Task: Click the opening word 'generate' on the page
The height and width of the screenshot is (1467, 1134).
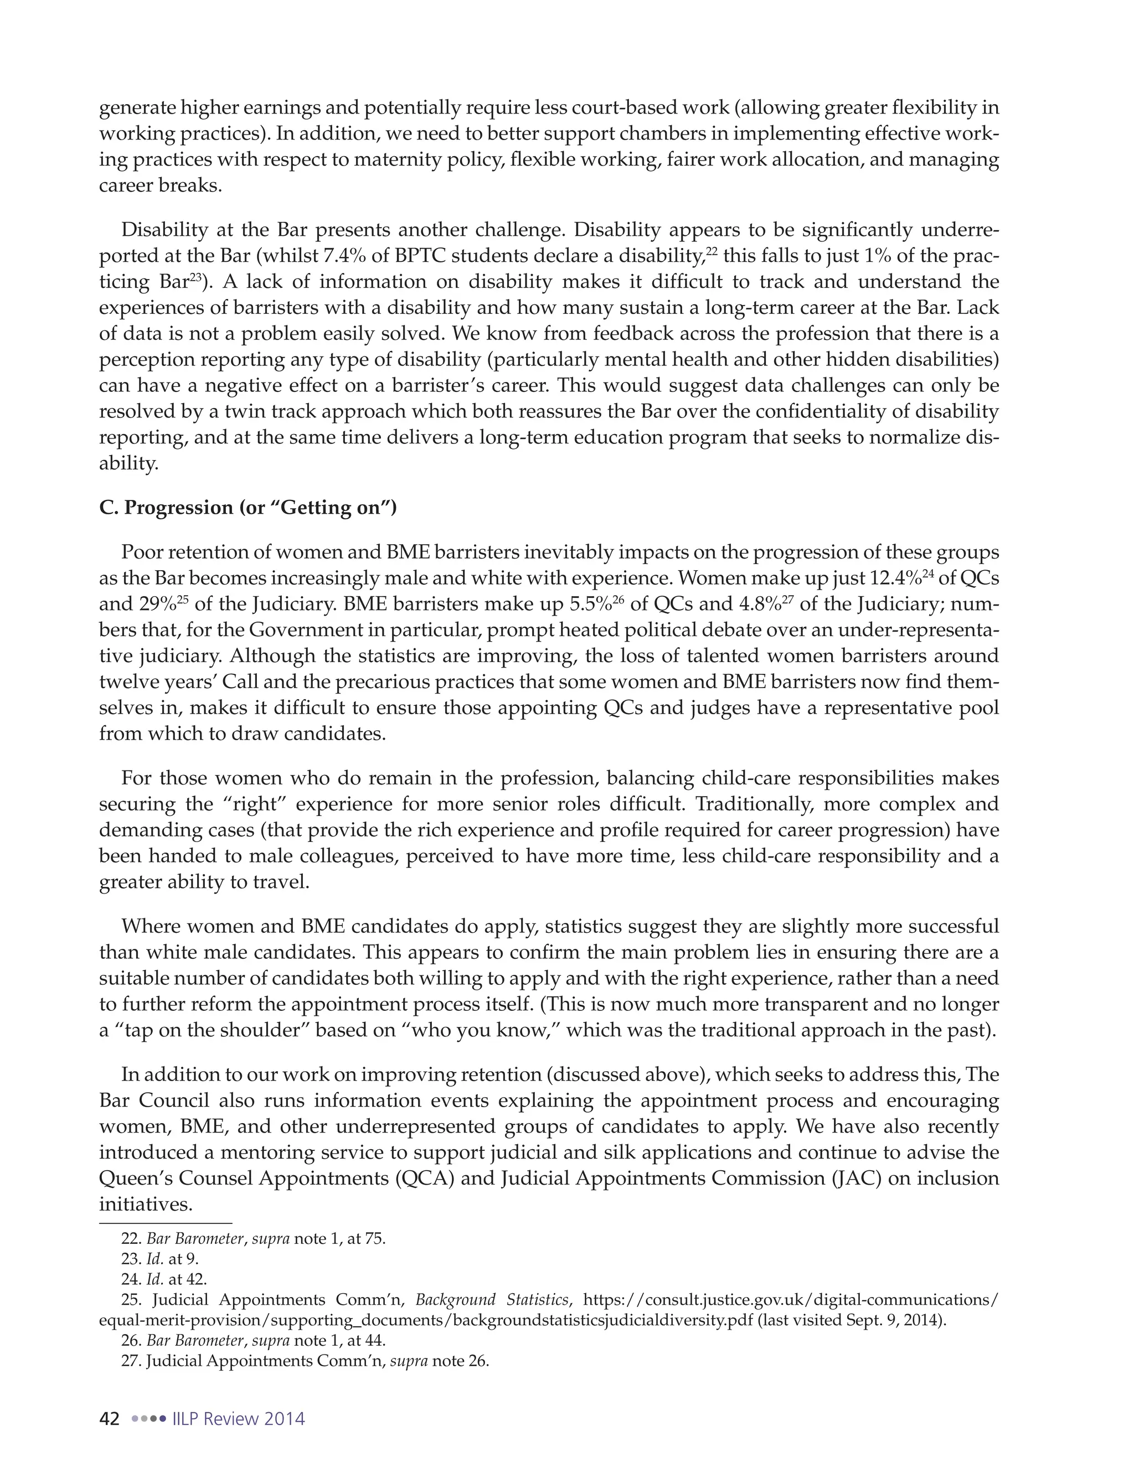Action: pos(138,108)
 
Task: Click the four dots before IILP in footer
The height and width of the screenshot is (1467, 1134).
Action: pos(148,1419)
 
